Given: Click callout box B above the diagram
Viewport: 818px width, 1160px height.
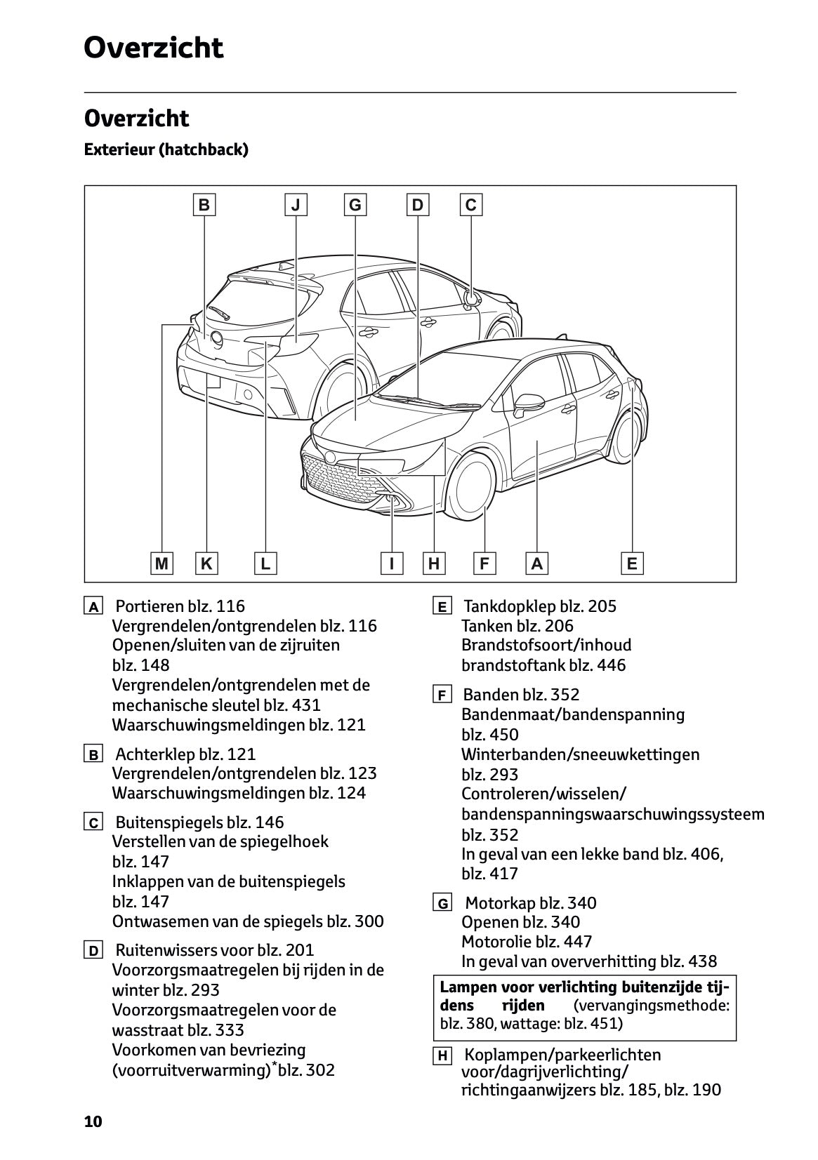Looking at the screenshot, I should (204, 205).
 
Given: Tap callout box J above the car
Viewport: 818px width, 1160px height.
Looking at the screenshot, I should (296, 205).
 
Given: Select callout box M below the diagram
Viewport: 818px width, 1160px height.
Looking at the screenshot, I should (162, 563).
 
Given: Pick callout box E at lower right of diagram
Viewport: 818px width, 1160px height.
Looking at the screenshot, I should (632, 563).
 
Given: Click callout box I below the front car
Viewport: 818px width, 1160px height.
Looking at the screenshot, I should (392, 563).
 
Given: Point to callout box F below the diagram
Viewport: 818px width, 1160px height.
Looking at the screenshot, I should (484, 563).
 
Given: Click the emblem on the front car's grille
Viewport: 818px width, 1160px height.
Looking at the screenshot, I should (330, 457).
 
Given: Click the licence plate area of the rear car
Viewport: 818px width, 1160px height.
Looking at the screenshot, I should (213, 381).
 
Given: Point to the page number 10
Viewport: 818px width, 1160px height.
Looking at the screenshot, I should (93, 1121).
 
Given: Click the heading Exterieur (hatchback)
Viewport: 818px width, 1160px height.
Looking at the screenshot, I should (166, 149).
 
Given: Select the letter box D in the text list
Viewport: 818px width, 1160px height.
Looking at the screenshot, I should (93, 952).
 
